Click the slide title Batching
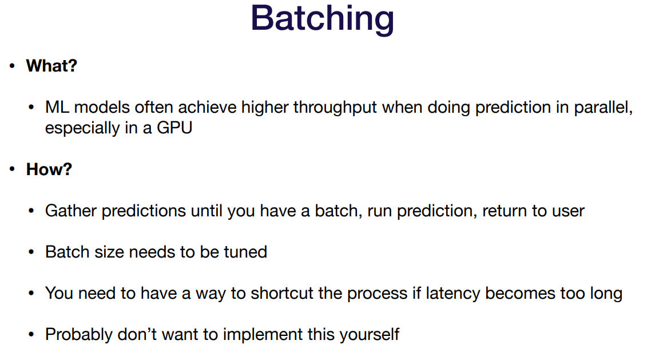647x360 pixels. (322, 19)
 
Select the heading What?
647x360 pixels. (51, 66)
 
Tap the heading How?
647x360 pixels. (49, 169)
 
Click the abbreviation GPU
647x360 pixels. (174, 128)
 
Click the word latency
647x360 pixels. (453, 294)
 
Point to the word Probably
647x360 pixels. (79, 335)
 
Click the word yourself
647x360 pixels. (370, 335)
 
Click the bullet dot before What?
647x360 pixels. (13, 66)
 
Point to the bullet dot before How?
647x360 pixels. (13, 169)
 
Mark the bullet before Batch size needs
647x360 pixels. (31, 252)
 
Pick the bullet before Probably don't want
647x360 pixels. (31, 334)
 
